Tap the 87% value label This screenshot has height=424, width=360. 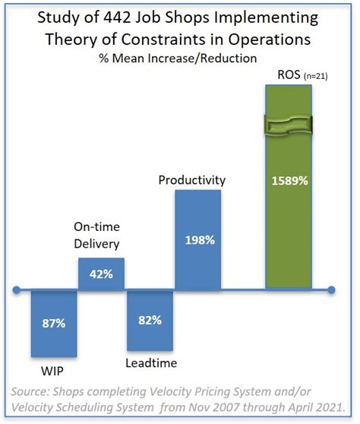(x=53, y=324)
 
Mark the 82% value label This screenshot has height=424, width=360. (x=150, y=320)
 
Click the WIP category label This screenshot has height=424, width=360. (x=52, y=374)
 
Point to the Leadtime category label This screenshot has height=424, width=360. (x=152, y=363)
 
